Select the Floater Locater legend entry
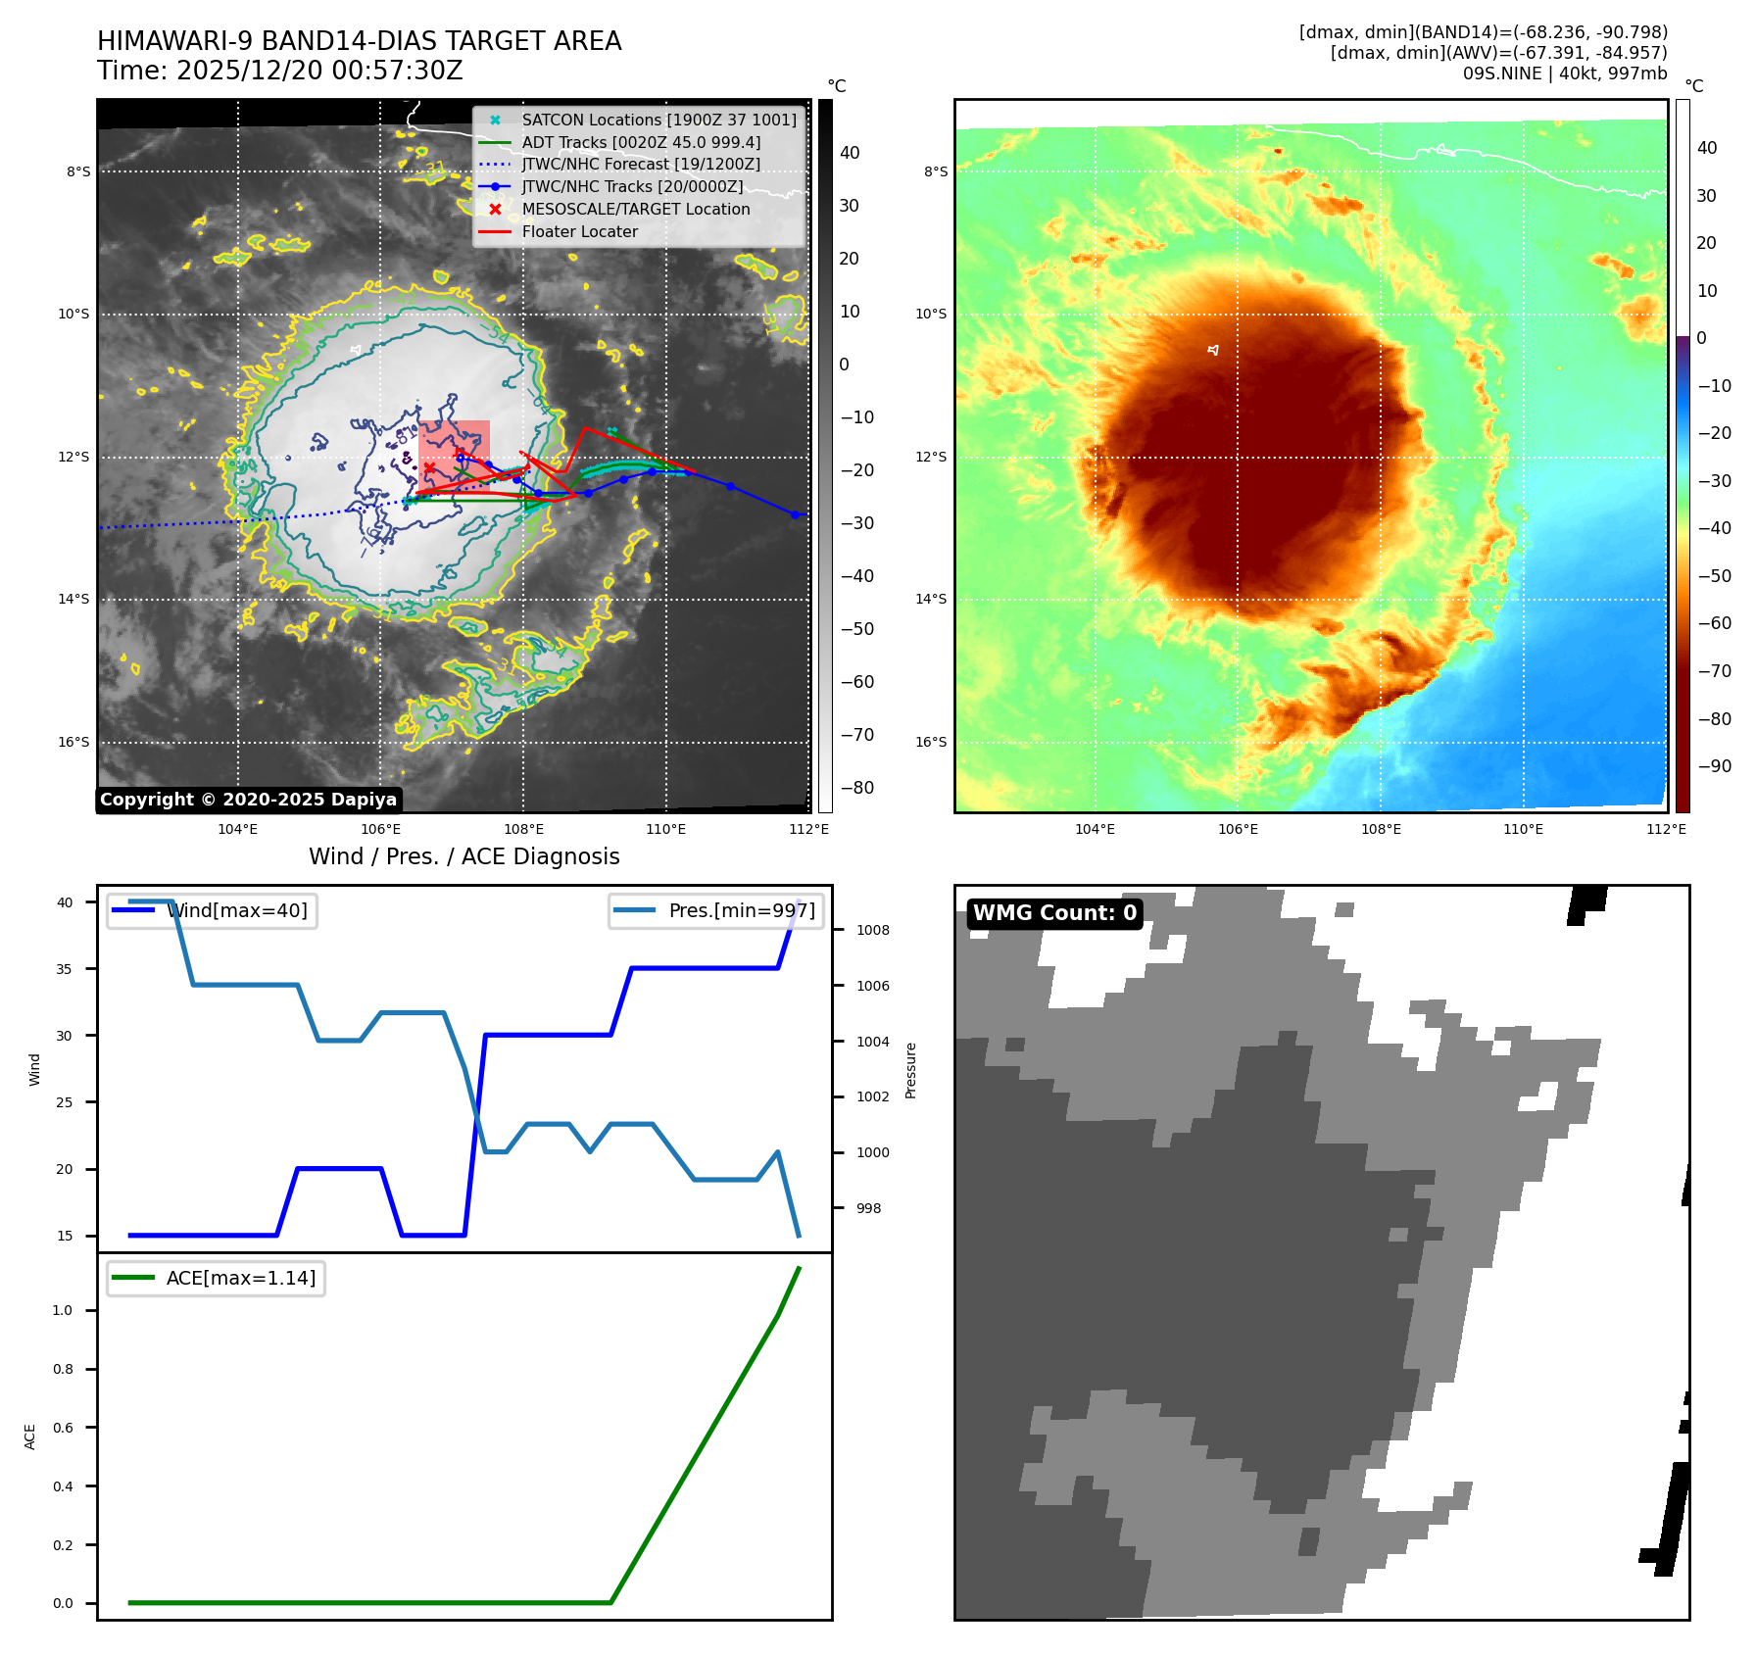579,231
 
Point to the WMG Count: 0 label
1054,913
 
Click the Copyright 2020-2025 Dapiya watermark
248,800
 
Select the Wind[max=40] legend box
212,910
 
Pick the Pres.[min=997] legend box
716,910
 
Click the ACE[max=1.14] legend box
216,1278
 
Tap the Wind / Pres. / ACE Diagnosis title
463,856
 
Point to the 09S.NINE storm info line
1564,73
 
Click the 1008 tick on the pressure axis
872,930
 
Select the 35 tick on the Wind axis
65,969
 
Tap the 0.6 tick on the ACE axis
63,1428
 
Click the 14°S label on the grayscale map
73,599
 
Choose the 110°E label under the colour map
1523,829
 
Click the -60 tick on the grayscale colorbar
856,682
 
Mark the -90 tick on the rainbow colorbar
1714,766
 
